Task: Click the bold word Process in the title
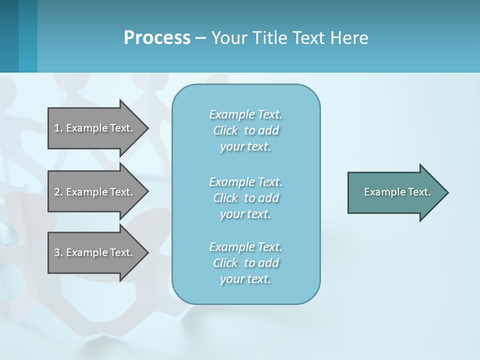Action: [157, 38]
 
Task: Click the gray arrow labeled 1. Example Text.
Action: [95, 128]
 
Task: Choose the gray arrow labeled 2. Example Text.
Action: [95, 192]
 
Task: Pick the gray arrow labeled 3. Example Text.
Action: [95, 252]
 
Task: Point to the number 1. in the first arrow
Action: [58, 128]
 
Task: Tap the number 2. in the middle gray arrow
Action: [58, 192]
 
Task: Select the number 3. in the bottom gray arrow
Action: [58, 252]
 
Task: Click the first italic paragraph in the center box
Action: [245, 130]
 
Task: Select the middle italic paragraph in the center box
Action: [245, 198]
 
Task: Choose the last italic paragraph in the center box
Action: [245, 263]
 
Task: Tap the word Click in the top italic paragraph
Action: [225, 130]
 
